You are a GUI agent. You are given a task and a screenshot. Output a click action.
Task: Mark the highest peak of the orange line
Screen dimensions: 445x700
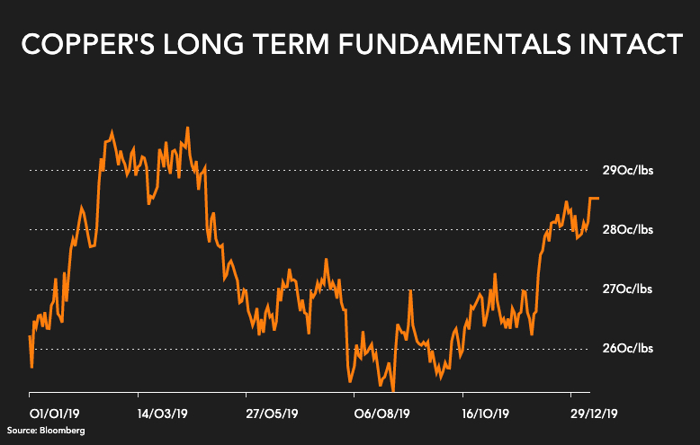pos(187,128)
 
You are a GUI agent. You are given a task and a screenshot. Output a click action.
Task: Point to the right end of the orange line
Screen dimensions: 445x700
pos(598,198)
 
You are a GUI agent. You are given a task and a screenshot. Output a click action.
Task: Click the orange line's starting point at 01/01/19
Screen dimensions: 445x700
pos(30,336)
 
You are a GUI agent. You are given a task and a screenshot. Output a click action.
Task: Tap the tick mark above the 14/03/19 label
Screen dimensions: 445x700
pos(138,395)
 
